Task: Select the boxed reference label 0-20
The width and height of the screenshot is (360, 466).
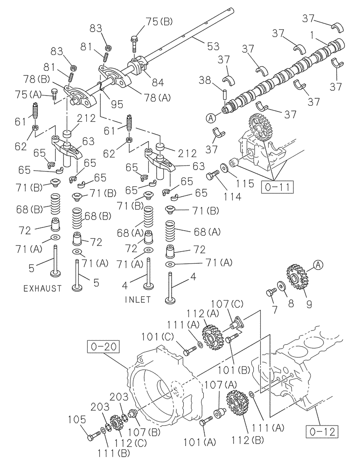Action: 100,347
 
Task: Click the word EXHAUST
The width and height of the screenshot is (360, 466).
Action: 42,289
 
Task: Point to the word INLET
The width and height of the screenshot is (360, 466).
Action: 138,300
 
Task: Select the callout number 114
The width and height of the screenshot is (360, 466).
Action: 231,197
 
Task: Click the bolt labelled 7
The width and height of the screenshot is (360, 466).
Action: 270,294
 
